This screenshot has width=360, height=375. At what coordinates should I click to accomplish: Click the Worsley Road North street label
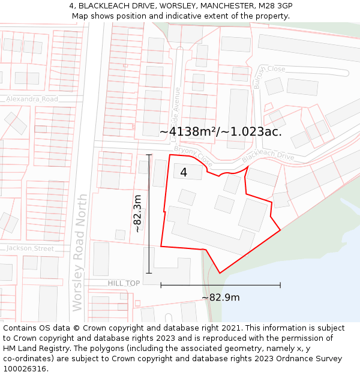click(x=79, y=253)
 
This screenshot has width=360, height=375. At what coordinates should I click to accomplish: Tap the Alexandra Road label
click(x=32, y=99)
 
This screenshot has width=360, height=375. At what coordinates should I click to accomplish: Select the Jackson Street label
click(x=30, y=248)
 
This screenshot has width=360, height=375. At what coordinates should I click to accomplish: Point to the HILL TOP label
click(x=124, y=283)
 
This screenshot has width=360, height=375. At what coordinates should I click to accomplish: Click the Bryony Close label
click(x=197, y=157)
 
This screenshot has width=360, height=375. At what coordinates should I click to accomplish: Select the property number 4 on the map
click(x=184, y=173)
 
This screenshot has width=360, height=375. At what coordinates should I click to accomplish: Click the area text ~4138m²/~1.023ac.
click(x=221, y=131)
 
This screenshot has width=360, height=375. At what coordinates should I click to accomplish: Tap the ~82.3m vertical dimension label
click(x=137, y=213)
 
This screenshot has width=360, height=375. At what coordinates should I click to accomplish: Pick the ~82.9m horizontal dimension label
click(x=220, y=298)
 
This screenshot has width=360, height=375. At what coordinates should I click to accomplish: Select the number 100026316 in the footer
click(x=26, y=369)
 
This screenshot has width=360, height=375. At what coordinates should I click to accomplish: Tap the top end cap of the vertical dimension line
click(x=149, y=155)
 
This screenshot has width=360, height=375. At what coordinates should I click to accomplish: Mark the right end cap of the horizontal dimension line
click(x=280, y=285)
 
